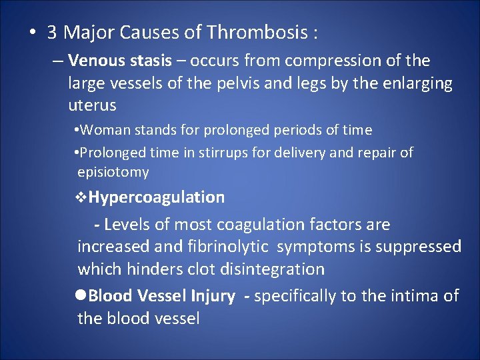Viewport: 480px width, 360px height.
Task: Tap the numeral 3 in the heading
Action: (x=51, y=32)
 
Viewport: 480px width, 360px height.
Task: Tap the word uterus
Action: (x=92, y=105)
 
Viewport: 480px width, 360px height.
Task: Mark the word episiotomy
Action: (x=113, y=172)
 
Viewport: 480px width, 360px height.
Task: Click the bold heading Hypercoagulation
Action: (x=157, y=197)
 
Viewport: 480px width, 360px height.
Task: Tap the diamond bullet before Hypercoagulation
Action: (x=83, y=197)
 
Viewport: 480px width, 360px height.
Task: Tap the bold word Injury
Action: (x=212, y=296)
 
